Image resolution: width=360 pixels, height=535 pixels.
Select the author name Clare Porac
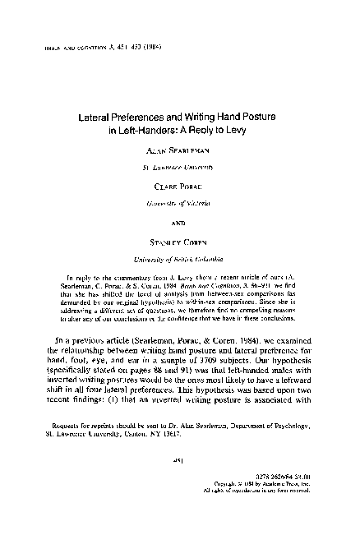click(x=179, y=187)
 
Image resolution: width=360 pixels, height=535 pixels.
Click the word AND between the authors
click(x=179, y=222)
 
